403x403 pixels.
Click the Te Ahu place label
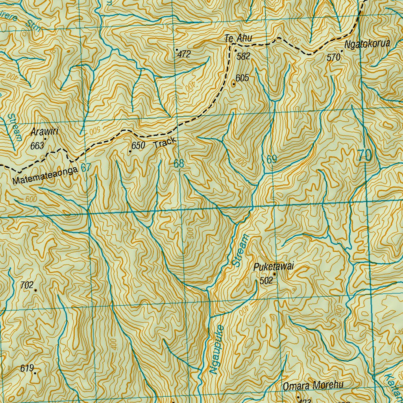[238, 39]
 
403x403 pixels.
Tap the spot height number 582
[243, 56]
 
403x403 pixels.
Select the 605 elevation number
[242, 78]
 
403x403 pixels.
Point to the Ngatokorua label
[367, 44]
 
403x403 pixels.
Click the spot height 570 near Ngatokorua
[333, 57]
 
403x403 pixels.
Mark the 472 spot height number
[184, 55]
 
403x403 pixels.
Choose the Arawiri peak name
[44, 131]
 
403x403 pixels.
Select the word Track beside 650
[164, 144]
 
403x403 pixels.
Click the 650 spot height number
[139, 146]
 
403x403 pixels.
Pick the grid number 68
[179, 163]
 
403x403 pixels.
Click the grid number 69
[271, 159]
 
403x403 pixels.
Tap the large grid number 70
[365, 156]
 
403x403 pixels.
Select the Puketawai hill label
[274, 267]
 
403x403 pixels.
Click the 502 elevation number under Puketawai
[266, 281]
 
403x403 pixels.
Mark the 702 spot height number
[27, 285]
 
